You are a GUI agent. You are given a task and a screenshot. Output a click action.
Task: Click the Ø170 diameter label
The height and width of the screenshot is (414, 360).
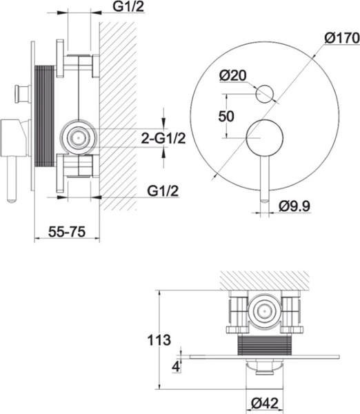[342, 38]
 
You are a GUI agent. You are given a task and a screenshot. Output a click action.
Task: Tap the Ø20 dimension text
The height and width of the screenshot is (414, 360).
[233, 75]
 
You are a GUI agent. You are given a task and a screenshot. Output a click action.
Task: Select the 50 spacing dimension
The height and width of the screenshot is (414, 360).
[226, 116]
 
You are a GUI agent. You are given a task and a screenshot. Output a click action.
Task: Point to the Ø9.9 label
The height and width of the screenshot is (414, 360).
[294, 206]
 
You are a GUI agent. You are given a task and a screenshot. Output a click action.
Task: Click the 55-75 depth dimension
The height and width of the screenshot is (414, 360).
[67, 232]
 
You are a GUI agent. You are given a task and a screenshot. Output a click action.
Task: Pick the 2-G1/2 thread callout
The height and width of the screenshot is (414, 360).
[163, 138]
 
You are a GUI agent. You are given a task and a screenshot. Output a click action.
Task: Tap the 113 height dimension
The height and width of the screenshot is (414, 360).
[159, 339]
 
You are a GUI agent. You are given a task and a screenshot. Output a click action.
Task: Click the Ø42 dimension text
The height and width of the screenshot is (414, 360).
[265, 403]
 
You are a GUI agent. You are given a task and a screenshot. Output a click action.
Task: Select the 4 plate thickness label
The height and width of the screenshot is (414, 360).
[176, 366]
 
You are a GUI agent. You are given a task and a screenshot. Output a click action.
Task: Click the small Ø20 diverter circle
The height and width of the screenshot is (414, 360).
[265, 95]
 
